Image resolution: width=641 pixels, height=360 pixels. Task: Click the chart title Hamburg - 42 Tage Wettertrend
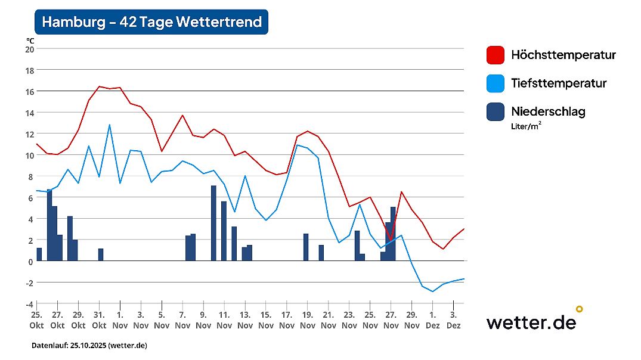coord(151,22)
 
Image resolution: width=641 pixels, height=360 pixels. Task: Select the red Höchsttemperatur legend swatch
coord(495,55)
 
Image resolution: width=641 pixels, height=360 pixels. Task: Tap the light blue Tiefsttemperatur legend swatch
coord(495,83)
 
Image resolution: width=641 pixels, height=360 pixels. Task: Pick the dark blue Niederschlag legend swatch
coord(495,111)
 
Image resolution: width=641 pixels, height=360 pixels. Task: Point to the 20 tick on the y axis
coord(29,49)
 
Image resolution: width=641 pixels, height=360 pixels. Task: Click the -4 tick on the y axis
coord(29,303)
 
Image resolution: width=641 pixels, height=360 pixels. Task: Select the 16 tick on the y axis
coord(29,91)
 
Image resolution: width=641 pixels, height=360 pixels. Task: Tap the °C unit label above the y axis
coord(30,40)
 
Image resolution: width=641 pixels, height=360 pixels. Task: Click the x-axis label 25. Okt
coord(36,320)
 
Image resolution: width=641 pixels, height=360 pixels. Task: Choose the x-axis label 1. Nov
coord(120,320)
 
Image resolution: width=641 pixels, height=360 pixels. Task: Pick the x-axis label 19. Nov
coord(308,320)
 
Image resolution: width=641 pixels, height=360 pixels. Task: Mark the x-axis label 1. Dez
coord(432,320)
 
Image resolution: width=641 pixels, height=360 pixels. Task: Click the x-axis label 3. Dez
coord(453,320)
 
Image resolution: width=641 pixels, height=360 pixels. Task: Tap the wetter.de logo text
coord(531,322)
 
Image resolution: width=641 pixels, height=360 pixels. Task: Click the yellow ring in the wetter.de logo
coord(578,309)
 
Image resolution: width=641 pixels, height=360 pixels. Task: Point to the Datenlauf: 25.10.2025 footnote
coord(89,345)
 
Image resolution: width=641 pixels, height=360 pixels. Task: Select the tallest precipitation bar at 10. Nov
coord(213,224)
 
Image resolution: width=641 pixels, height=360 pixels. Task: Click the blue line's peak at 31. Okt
coord(109,125)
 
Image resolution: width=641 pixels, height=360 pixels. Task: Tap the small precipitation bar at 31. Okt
coord(101,255)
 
